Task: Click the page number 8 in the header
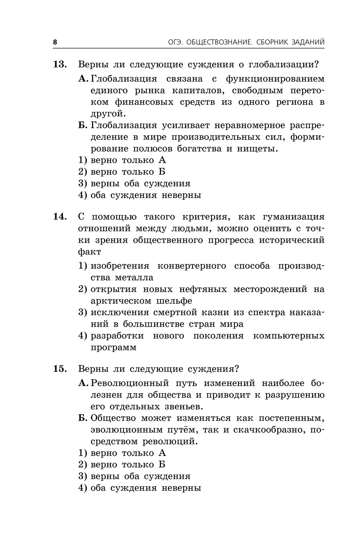55,42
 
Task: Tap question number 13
60,64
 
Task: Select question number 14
60,217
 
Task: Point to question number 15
60,369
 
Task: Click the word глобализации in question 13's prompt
284,65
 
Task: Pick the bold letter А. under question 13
84,79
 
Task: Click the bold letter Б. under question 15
83,418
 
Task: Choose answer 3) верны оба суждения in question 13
134,183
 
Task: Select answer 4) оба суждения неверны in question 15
140,488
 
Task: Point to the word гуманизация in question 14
294,217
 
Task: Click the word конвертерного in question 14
192,266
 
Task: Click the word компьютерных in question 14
289,336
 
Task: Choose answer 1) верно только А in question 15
122,453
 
